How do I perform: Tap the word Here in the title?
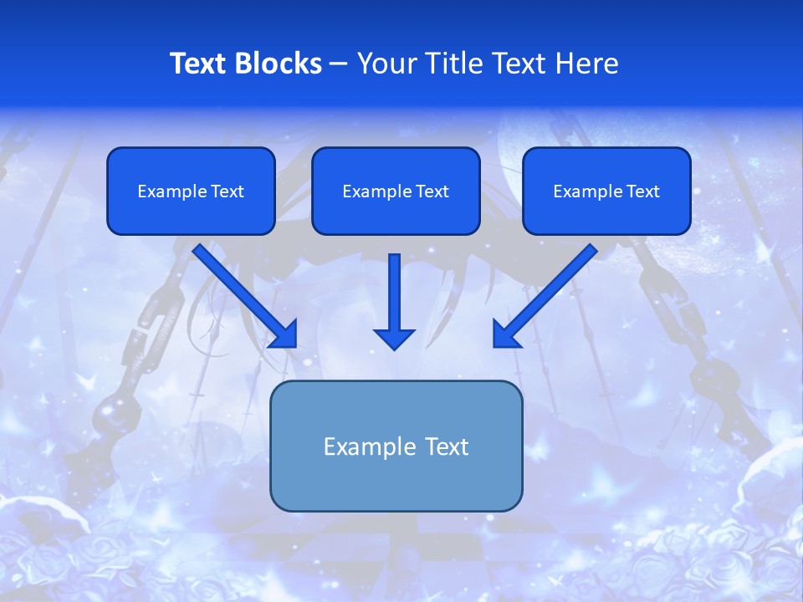point(589,64)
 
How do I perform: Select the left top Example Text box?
point(191,191)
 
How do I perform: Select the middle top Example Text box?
point(396,191)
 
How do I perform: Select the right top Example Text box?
point(606,191)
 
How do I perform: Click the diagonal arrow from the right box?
point(548,293)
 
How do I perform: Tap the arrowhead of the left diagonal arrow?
point(285,335)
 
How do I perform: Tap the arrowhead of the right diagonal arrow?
point(505,335)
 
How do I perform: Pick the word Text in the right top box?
point(642,191)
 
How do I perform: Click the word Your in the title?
point(382,64)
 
